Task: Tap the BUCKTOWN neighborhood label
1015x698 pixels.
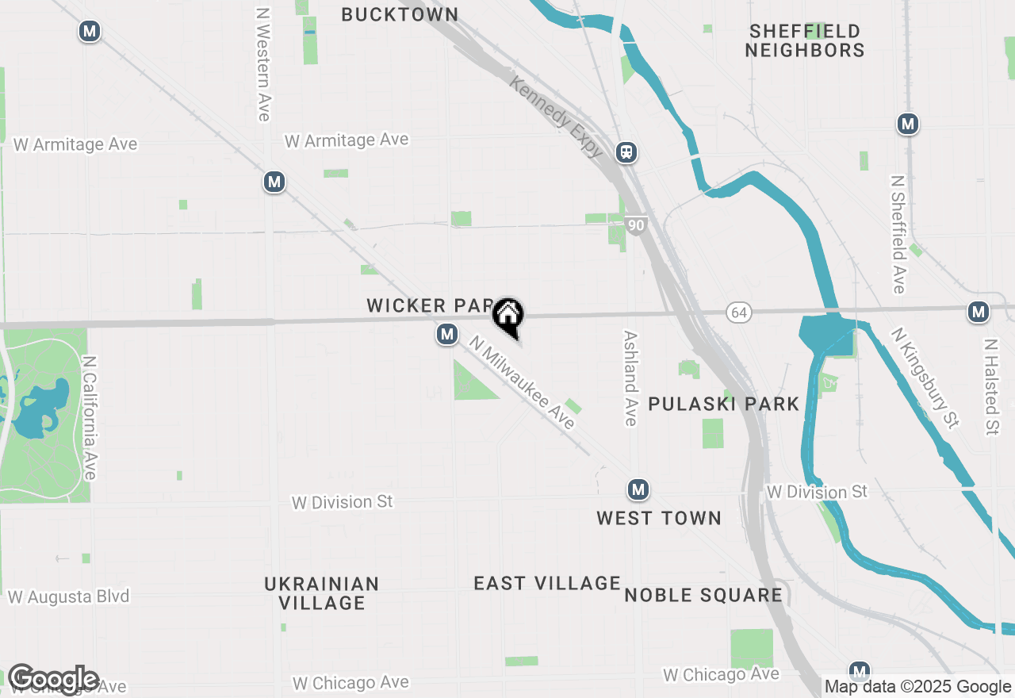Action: coord(400,15)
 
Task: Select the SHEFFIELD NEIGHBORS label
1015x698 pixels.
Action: coord(805,40)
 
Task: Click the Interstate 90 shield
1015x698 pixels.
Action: coord(635,225)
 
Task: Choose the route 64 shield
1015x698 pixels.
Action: coord(739,313)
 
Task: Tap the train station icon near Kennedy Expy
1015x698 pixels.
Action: coord(626,151)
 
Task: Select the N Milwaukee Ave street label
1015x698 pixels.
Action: coord(522,382)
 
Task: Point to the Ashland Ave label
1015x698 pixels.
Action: coord(630,378)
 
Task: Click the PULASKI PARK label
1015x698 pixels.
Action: coord(724,404)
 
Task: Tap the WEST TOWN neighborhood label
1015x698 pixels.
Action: coord(659,518)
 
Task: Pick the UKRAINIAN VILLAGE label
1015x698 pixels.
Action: coord(322,593)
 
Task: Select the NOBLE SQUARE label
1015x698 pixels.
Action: coord(703,595)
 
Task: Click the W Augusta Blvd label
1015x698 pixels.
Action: coord(68,596)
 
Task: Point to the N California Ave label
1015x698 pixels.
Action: coord(89,417)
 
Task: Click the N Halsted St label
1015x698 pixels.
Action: coord(990,387)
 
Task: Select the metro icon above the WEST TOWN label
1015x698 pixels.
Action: coord(638,490)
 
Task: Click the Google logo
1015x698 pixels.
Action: coord(53,679)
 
